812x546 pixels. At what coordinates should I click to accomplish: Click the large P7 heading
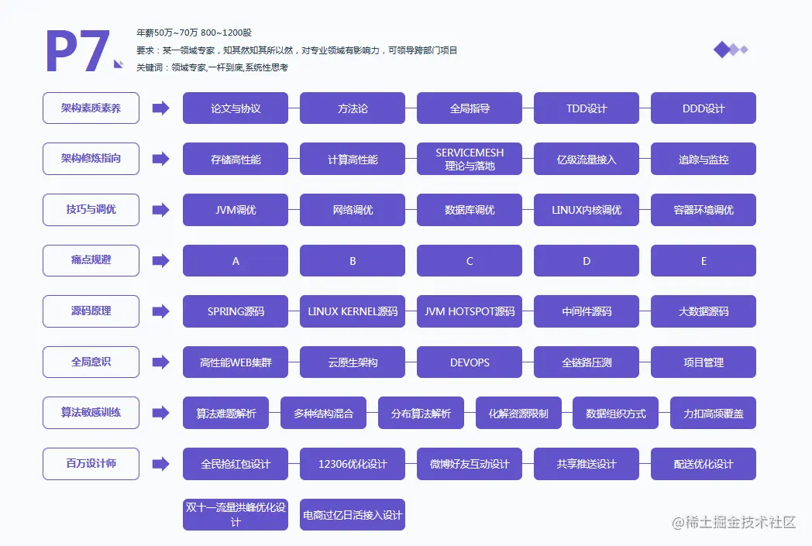(x=77, y=53)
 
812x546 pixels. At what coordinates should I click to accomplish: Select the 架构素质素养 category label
(x=91, y=108)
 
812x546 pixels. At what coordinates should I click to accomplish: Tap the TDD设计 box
(x=587, y=108)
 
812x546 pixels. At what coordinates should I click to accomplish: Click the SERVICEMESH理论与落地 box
(x=470, y=159)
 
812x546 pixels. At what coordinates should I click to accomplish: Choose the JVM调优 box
(x=236, y=210)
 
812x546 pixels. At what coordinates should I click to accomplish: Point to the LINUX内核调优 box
(x=587, y=210)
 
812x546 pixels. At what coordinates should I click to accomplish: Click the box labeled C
(x=470, y=261)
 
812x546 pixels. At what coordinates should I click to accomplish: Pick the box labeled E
(x=704, y=261)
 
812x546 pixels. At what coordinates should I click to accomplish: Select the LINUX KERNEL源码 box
(x=353, y=311)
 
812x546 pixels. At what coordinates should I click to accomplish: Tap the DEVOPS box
(x=470, y=362)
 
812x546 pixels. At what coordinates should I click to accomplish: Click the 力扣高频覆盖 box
(x=713, y=414)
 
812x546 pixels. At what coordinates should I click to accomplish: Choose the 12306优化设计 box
(x=353, y=464)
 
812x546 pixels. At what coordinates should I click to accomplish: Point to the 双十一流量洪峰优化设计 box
(x=236, y=515)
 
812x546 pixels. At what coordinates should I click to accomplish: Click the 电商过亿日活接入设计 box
(x=353, y=515)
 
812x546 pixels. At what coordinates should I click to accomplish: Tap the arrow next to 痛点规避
(x=160, y=260)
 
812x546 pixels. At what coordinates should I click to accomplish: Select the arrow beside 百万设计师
(x=160, y=464)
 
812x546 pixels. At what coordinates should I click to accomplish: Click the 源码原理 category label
(x=91, y=311)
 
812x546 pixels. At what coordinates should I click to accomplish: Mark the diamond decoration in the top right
(x=730, y=50)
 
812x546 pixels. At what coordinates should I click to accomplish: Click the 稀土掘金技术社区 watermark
(x=734, y=522)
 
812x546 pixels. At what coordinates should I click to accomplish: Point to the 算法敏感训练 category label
(x=91, y=412)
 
